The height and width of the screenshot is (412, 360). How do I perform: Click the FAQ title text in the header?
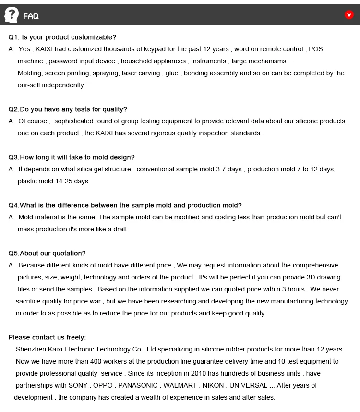tap(31, 16)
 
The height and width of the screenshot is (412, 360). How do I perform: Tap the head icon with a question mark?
tap(11, 15)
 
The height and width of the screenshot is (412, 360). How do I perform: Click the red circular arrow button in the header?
tap(349, 15)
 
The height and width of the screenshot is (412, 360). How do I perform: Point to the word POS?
tap(316, 49)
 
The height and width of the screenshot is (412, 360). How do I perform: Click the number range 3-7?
tap(222, 169)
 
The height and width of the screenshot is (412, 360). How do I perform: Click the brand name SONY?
tap(78, 385)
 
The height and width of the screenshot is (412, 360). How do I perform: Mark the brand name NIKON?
tap(213, 385)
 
